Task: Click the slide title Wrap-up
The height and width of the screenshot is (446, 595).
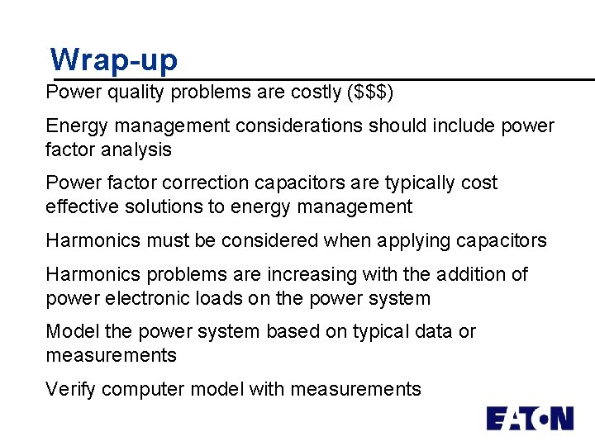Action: click(x=113, y=60)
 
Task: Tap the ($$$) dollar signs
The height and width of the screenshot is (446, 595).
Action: click(x=370, y=93)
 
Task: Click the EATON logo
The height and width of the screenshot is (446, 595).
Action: click(x=529, y=418)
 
